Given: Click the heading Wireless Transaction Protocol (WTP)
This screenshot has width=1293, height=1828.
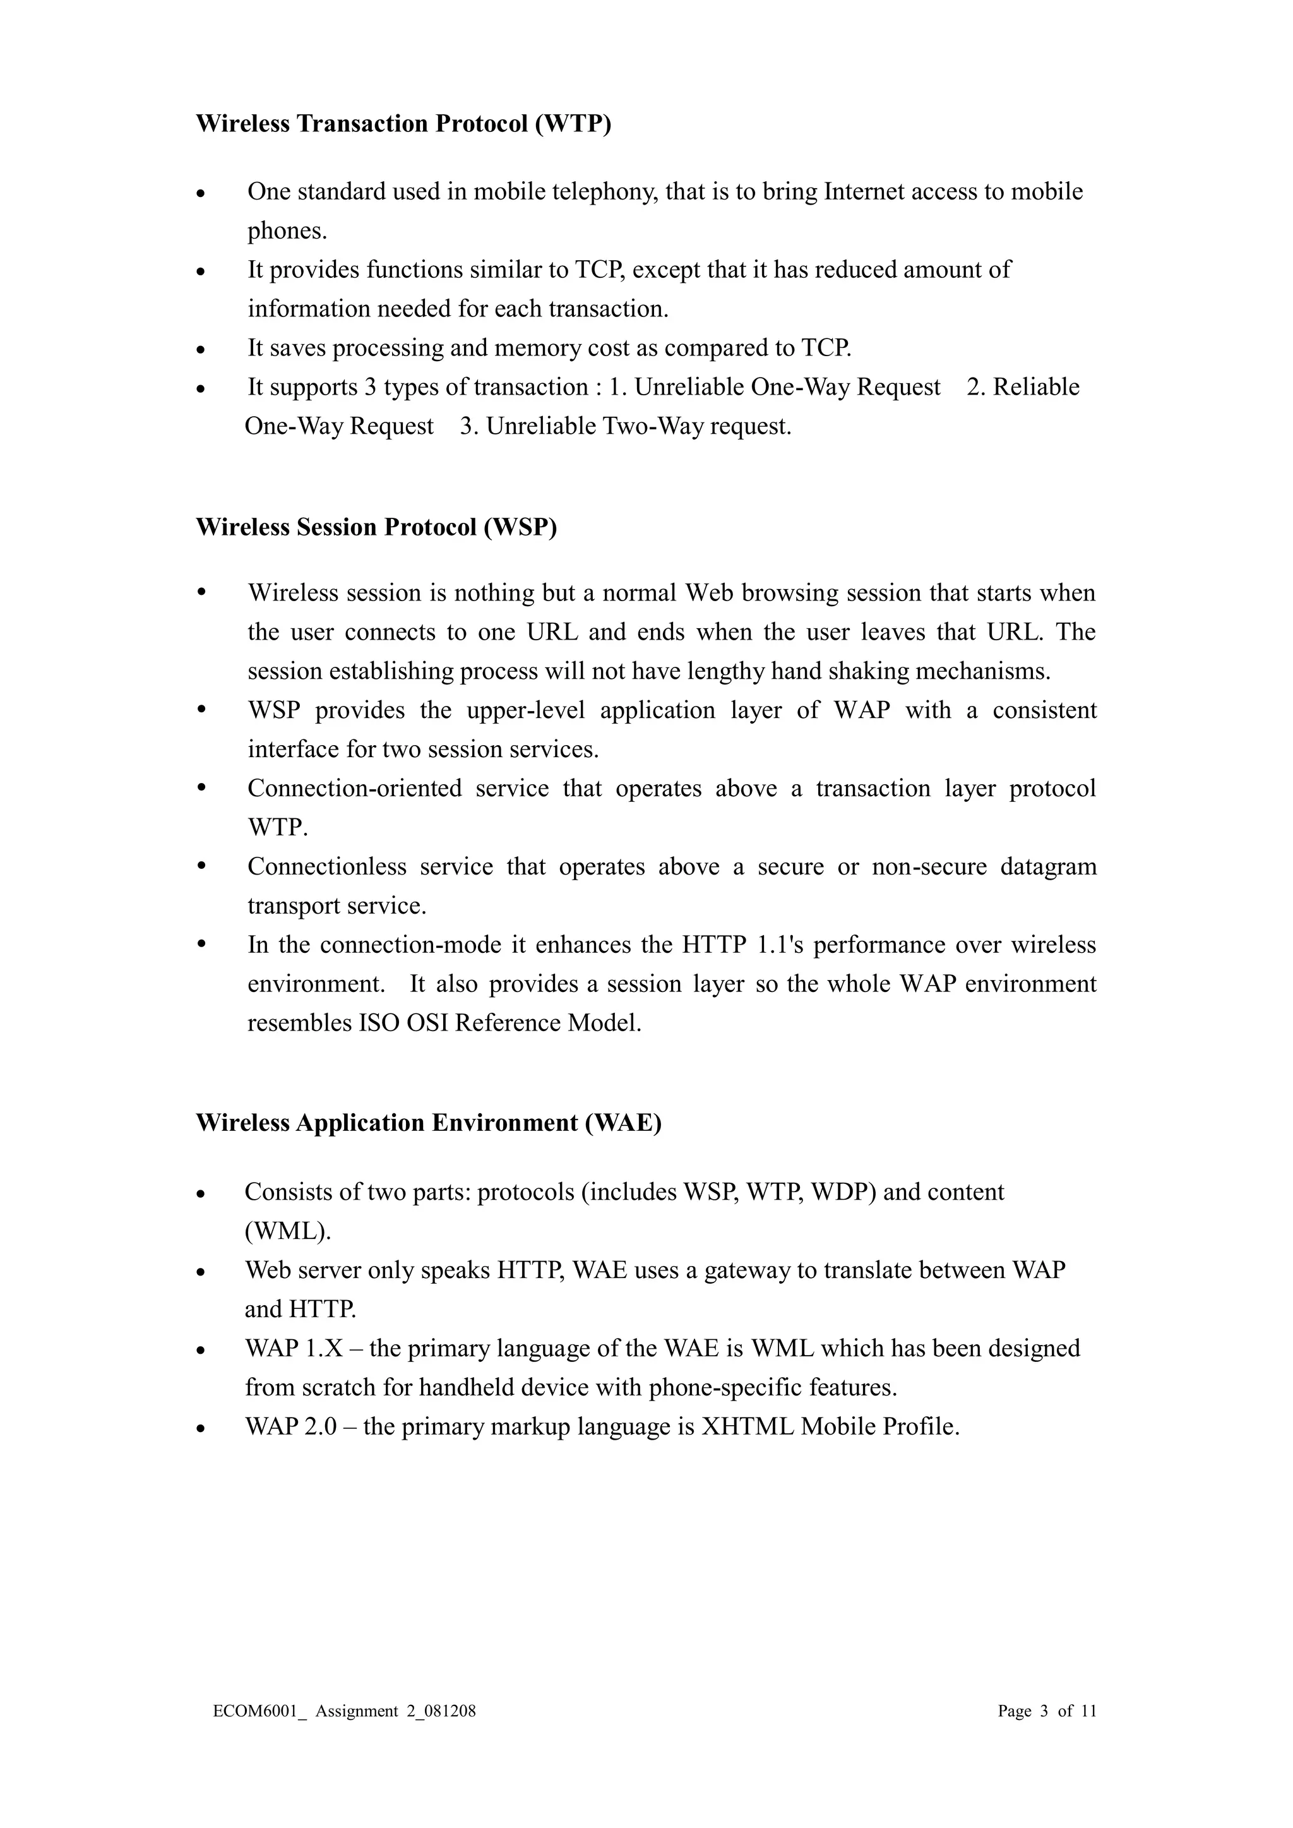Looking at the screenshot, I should pos(403,124).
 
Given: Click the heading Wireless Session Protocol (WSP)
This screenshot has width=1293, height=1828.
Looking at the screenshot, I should pos(376,527).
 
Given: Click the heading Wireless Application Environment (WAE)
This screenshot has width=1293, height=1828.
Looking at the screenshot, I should pos(428,1123).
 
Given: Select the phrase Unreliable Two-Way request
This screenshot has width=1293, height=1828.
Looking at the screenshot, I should pos(638,427).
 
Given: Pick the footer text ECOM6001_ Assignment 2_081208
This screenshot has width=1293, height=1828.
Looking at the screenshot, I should pos(344,1711).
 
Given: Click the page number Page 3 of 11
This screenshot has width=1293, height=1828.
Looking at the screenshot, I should pos(1046,1711).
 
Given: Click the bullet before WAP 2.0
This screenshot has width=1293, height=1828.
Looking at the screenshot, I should pos(201,1429).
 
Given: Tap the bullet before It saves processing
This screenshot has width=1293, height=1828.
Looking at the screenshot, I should pos(201,350).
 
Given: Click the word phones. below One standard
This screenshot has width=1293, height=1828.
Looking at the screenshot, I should pos(287,231).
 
